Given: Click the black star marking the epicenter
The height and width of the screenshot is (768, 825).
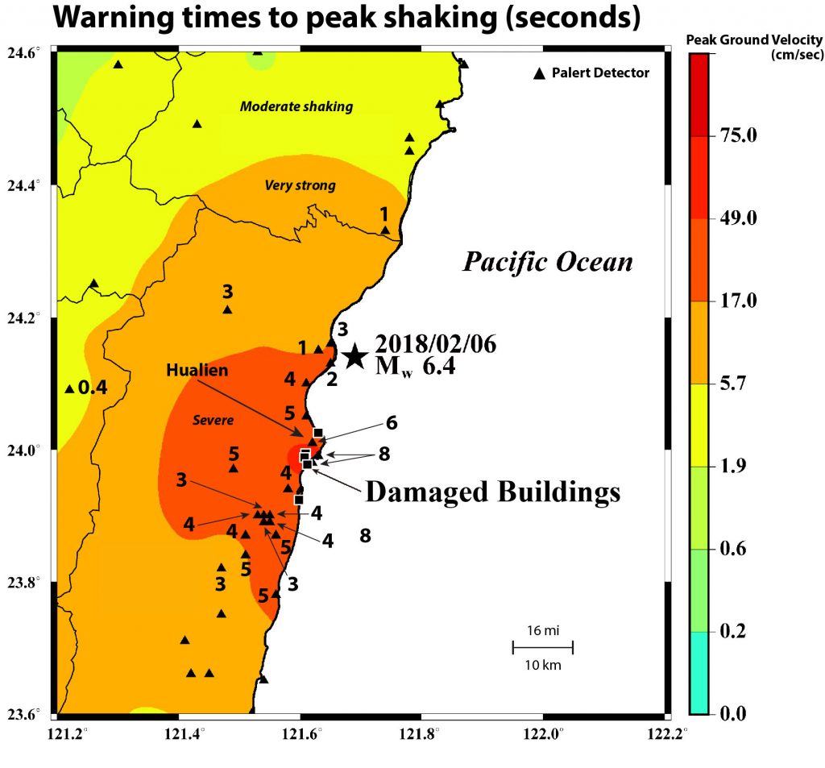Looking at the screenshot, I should [x=354, y=356].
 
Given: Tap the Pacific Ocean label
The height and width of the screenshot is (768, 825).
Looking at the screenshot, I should [x=547, y=262].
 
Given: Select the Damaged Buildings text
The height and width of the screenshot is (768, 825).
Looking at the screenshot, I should [x=492, y=492].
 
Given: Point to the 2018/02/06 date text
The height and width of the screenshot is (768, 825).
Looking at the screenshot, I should [x=436, y=344].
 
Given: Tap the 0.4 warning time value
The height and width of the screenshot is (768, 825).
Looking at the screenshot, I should [x=93, y=388].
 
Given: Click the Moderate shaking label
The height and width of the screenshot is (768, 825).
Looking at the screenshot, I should [x=296, y=106].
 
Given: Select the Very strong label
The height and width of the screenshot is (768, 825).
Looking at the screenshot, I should [x=300, y=186].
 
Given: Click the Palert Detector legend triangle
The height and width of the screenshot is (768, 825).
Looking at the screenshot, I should [x=539, y=73].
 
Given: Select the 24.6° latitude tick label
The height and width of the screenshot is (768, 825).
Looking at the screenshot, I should [x=25, y=53].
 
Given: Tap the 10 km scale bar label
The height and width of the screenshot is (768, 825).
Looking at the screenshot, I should [x=542, y=666].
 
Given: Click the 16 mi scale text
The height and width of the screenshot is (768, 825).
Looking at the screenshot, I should [x=542, y=631].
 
